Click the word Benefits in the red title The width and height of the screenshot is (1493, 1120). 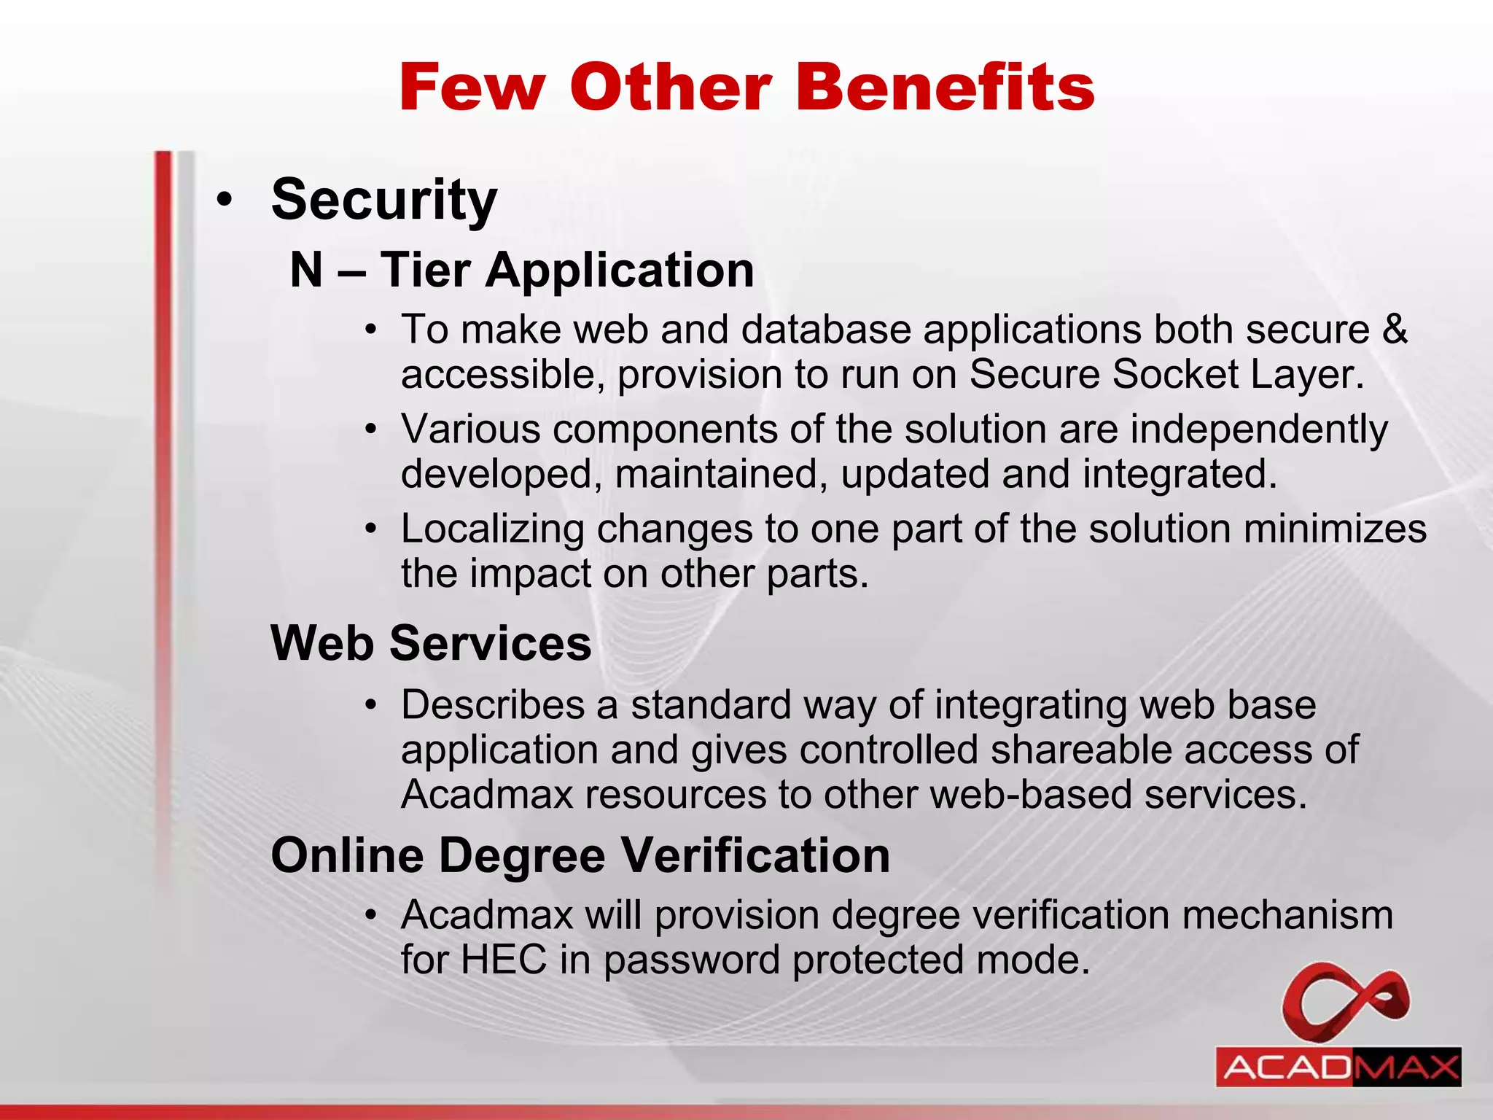(x=946, y=87)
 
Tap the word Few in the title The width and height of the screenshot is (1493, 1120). (x=472, y=87)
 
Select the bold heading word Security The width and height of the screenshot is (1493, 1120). (x=384, y=200)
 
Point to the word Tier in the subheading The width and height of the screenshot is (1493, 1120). (x=425, y=271)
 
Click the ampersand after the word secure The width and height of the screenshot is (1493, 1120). (x=1395, y=329)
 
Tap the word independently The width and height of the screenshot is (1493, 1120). (x=1259, y=429)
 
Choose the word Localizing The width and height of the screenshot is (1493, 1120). (x=493, y=529)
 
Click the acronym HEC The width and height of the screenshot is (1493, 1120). (x=504, y=960)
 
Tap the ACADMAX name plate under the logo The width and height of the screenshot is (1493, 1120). (x=1338, y=1067)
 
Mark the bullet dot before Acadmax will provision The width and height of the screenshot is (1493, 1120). (x=372, y=914)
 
